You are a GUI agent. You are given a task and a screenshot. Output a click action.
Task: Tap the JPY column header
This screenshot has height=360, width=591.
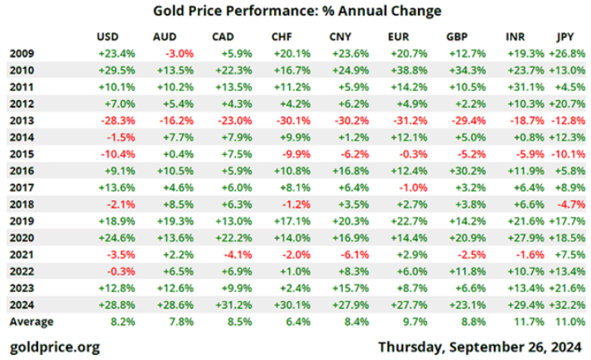click(565, 37)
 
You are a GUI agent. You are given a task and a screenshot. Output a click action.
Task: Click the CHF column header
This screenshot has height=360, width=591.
click(281, 37)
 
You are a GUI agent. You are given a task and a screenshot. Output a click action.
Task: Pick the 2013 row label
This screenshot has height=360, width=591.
click(22, 120)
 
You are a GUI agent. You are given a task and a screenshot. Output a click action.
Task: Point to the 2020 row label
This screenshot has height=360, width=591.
click(22, 238)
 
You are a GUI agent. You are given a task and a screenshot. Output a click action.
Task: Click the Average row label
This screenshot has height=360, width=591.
click(31, 321)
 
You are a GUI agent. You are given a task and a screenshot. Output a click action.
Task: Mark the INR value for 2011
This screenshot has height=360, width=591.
click(520, 87)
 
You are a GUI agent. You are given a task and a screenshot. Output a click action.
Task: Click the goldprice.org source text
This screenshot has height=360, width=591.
click(55, 346)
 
